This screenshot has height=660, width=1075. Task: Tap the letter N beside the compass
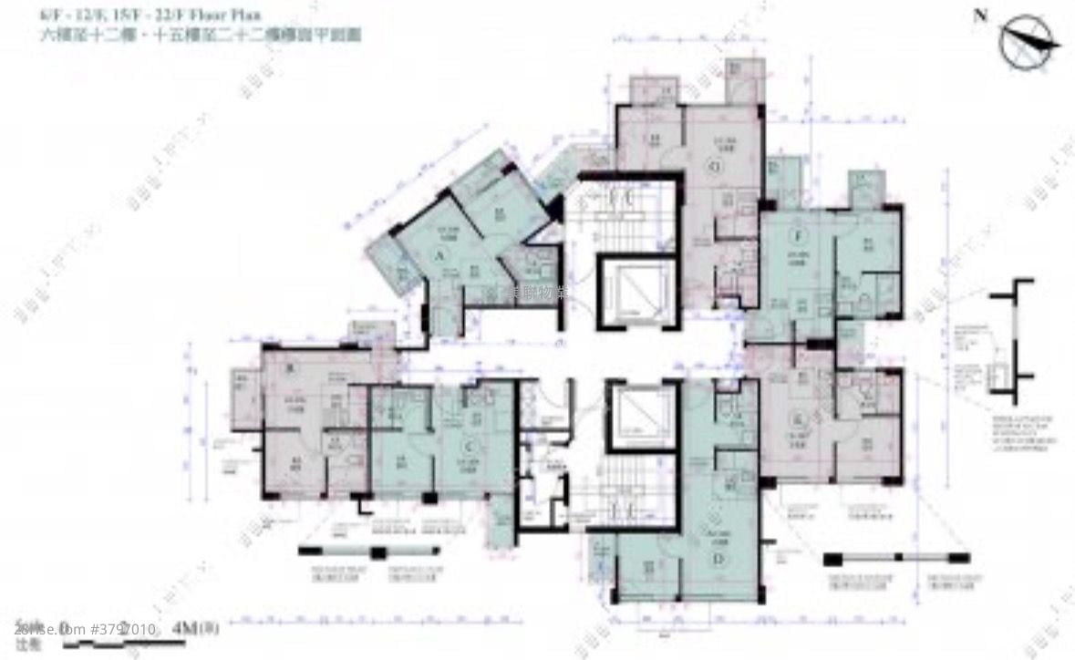pyautogui.click(x=980, y=15)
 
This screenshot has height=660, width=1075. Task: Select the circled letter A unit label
pyautogui.click(x=439, y=257)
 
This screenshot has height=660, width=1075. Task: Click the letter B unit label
pyautogui.click(x=290, y=368)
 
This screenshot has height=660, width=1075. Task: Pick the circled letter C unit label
pyautogui.click(x=468, y=446)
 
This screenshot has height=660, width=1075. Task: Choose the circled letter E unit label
pyautogui.click(x=798, y=418)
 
